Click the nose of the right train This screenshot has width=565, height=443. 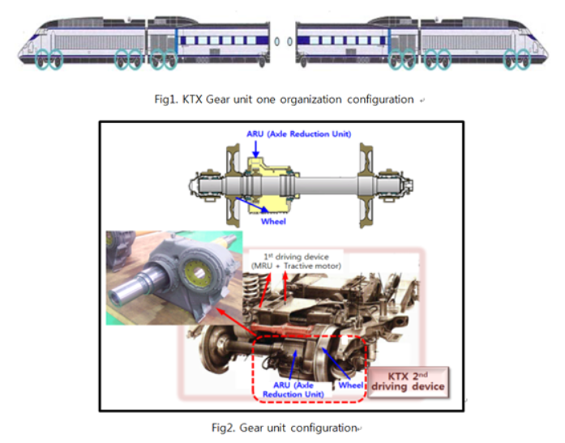click(541, 50)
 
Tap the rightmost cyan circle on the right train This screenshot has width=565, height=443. click(527, 59)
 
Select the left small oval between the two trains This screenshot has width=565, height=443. click(277, 41)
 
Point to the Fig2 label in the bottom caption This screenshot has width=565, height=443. click(220, 427)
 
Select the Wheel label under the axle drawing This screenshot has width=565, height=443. click(274, 218)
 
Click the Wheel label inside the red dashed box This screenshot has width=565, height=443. click(349, 384)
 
